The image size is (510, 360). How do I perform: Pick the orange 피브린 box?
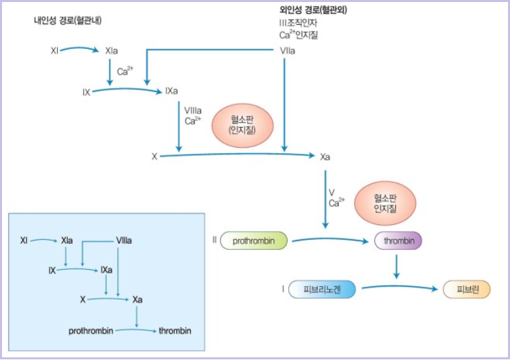click(x=467, y=289)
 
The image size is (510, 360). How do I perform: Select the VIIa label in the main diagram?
click(x=288, y=50)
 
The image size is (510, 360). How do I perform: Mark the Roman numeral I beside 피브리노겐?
click(x=284, y=289)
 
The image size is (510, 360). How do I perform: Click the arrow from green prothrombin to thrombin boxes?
click(x=331, y=238)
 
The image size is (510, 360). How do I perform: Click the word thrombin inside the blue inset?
click(x=175, y=331)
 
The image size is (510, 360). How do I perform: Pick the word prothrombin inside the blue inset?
click(x=91, y=331)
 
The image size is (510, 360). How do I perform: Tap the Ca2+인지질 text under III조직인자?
click(x=299, y=35)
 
